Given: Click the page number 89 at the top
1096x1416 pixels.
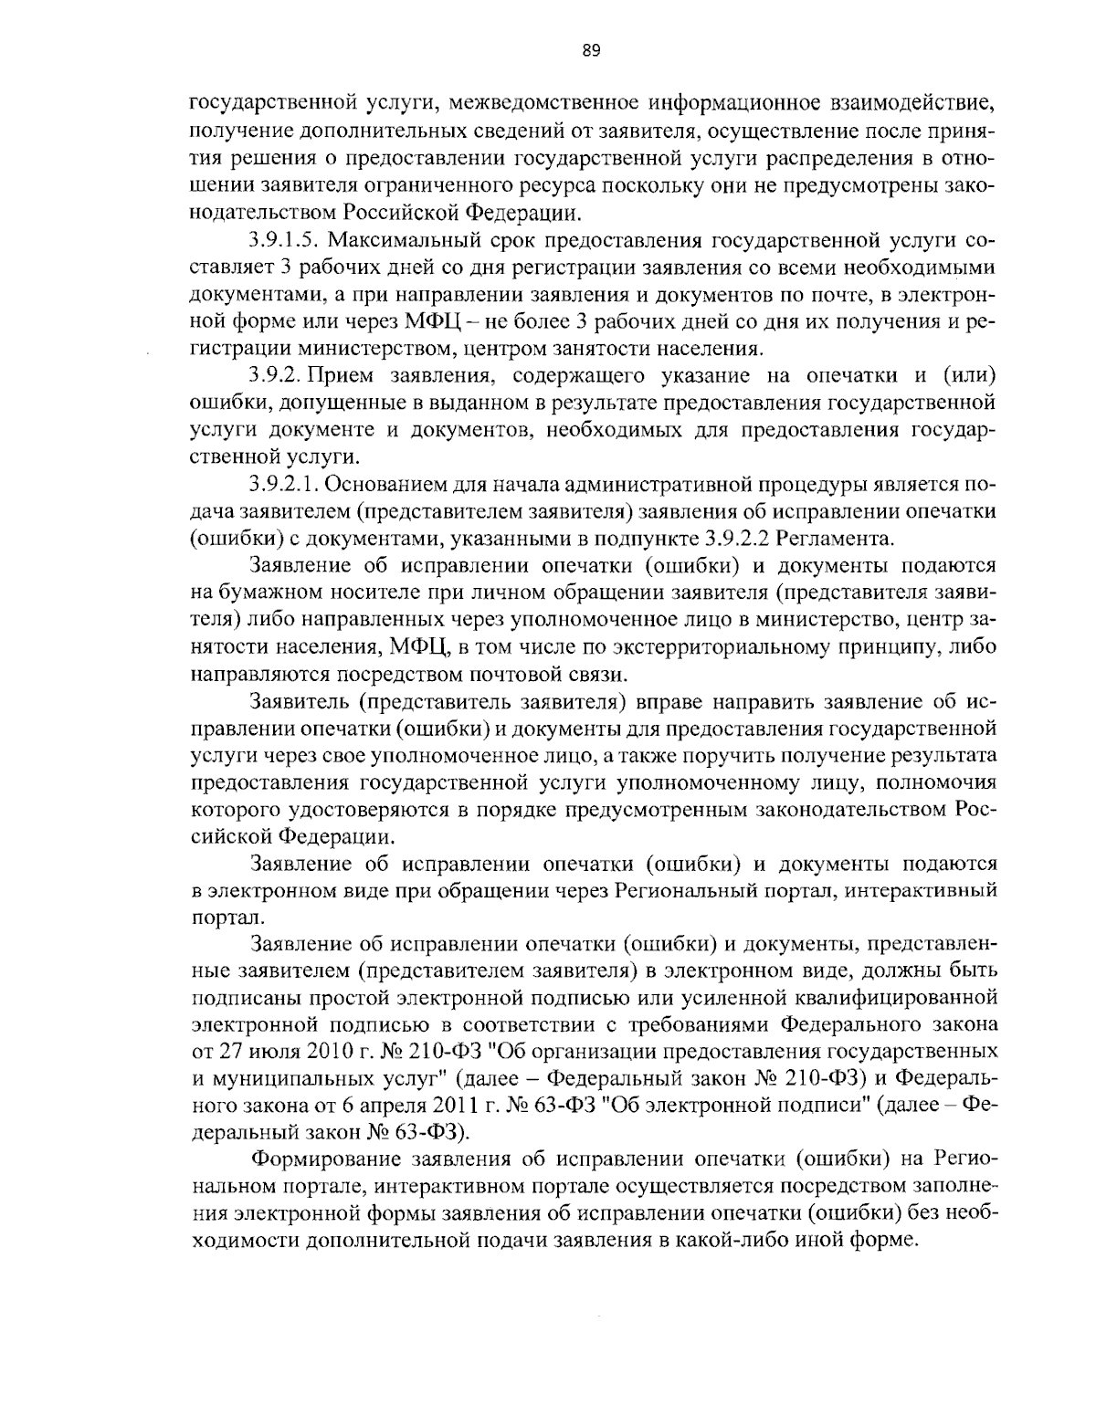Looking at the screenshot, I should [590, 51].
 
